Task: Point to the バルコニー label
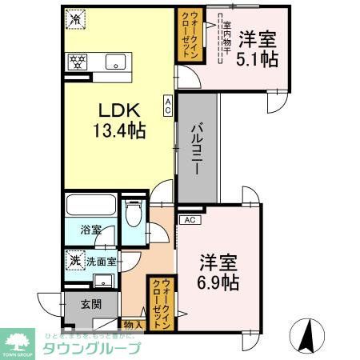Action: (x=197, y=148)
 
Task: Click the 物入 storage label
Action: (x=134, y=325)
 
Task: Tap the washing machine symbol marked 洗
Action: (x=74, y=259)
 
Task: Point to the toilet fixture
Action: (x=134, y=215)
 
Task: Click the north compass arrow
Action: (x=305, y=336)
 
